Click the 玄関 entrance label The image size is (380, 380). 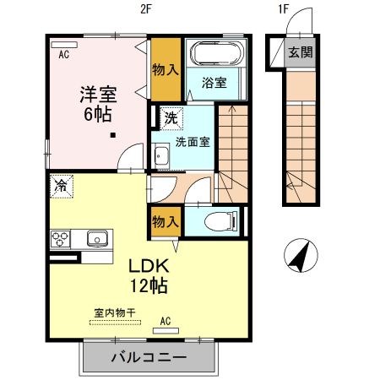tap(299, 52)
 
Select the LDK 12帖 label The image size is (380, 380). tap(148, 275)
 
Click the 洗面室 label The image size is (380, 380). tap(193, 140)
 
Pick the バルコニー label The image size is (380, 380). tap(149, 357)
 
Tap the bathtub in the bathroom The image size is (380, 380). tap(215, 55)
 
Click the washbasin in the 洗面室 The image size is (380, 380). tap(161, 156)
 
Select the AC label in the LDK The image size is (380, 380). tap(166, 322)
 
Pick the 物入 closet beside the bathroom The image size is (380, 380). tap(165, 68)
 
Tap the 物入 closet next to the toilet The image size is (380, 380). tap(164, 221)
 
